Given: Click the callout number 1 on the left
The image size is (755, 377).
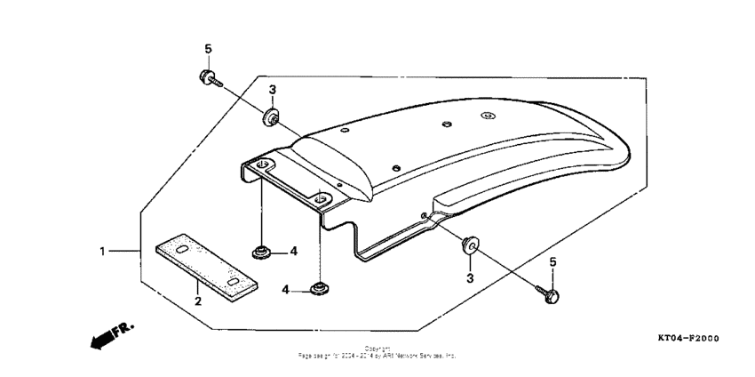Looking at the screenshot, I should click(x=102, y=252).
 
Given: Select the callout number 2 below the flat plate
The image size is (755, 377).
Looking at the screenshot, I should click(x=198, y=301).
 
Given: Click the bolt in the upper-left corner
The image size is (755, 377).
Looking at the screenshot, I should click(x=208, y=78).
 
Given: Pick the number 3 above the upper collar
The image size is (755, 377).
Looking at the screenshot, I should click(x=273, y=90).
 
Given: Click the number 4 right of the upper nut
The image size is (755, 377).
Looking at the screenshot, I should click(x=293, y=252).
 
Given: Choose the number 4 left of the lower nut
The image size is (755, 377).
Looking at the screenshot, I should click(x=287, y=290).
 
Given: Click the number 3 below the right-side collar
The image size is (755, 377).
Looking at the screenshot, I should click(x=471, y=278).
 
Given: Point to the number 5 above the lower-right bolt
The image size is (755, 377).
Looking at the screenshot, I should click(x=552, y=261).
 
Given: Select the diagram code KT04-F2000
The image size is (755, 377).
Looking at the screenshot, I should click(x=687, y=339).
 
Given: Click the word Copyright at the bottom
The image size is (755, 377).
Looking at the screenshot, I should click(x=377, y=348).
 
